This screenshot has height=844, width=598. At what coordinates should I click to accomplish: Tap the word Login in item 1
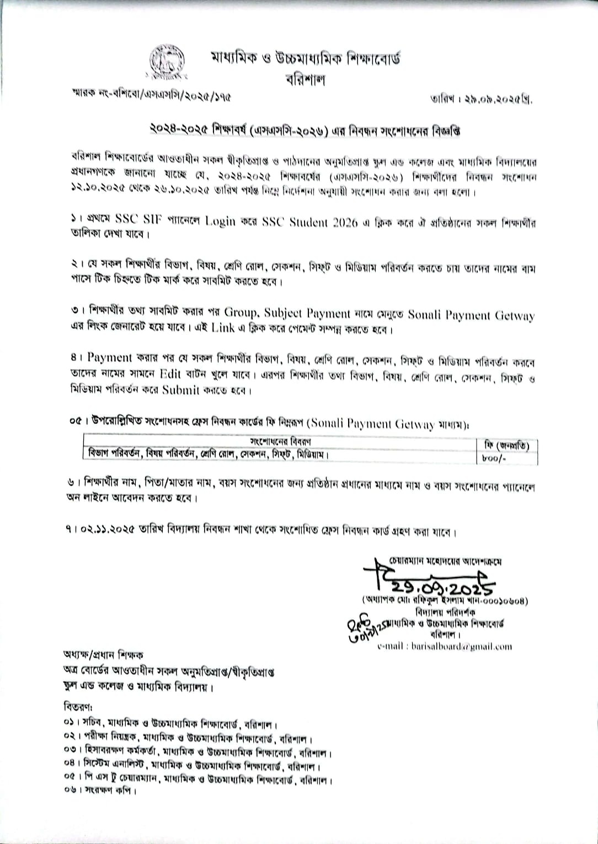coord(220,221)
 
